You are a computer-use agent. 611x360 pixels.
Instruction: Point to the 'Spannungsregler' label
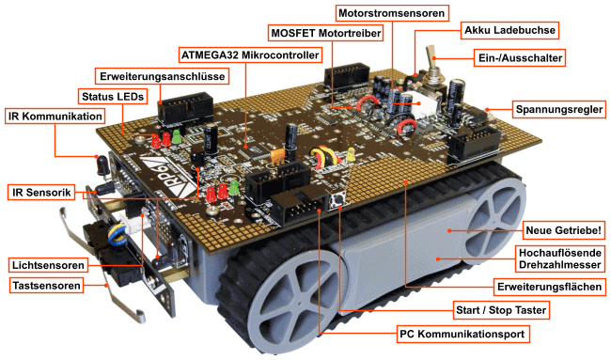[x=557, y=109]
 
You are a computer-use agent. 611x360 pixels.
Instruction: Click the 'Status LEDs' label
[x=110, y=96]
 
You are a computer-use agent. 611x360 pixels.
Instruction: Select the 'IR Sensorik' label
[x=42, y=192]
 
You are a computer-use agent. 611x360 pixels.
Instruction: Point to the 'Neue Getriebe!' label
[x=560, y=229]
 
